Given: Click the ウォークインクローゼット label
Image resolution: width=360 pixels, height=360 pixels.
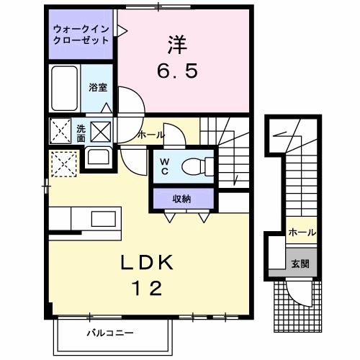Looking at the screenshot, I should coord(81,35).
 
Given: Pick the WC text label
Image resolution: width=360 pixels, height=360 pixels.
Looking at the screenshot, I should coord(164,167).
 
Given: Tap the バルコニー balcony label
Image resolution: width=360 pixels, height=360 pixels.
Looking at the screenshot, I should coord(110,333).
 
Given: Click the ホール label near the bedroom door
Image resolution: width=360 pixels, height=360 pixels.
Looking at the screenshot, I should coord(150,135).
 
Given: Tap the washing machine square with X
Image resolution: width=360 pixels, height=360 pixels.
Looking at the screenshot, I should coord(101,132).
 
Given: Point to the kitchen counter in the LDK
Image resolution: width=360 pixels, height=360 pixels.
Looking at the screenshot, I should coord(86,218).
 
